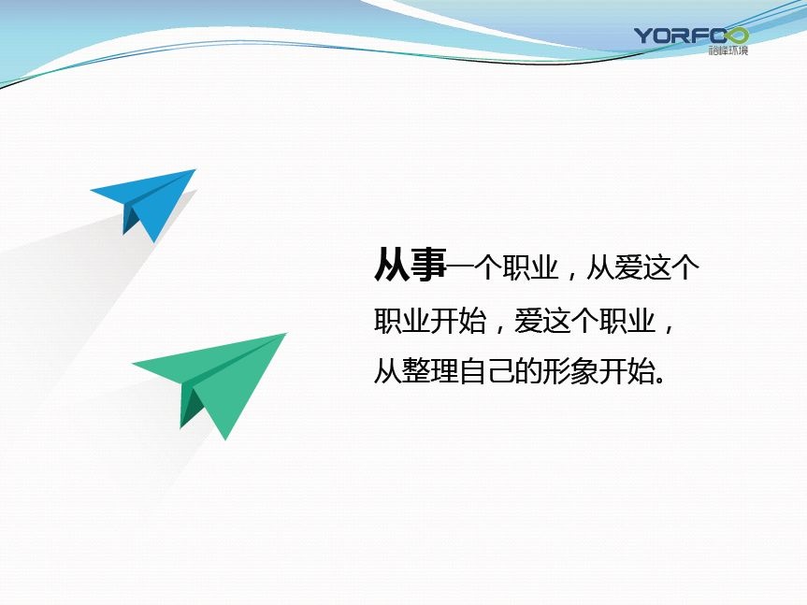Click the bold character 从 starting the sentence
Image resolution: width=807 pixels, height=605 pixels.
point(392,265)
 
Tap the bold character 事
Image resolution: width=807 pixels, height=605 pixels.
point(428,265)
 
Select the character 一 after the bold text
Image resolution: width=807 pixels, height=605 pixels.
point(460,266)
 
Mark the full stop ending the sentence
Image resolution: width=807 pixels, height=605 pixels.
point(660,380)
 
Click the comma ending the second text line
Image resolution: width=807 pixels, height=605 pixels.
point(669,328)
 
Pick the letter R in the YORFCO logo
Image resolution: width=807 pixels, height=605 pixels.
point(685,36)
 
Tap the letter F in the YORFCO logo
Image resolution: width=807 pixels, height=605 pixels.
point(703,36)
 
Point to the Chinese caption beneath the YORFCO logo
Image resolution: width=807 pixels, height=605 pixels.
point(728,50)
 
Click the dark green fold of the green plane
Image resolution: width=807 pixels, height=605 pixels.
point(191,407)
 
